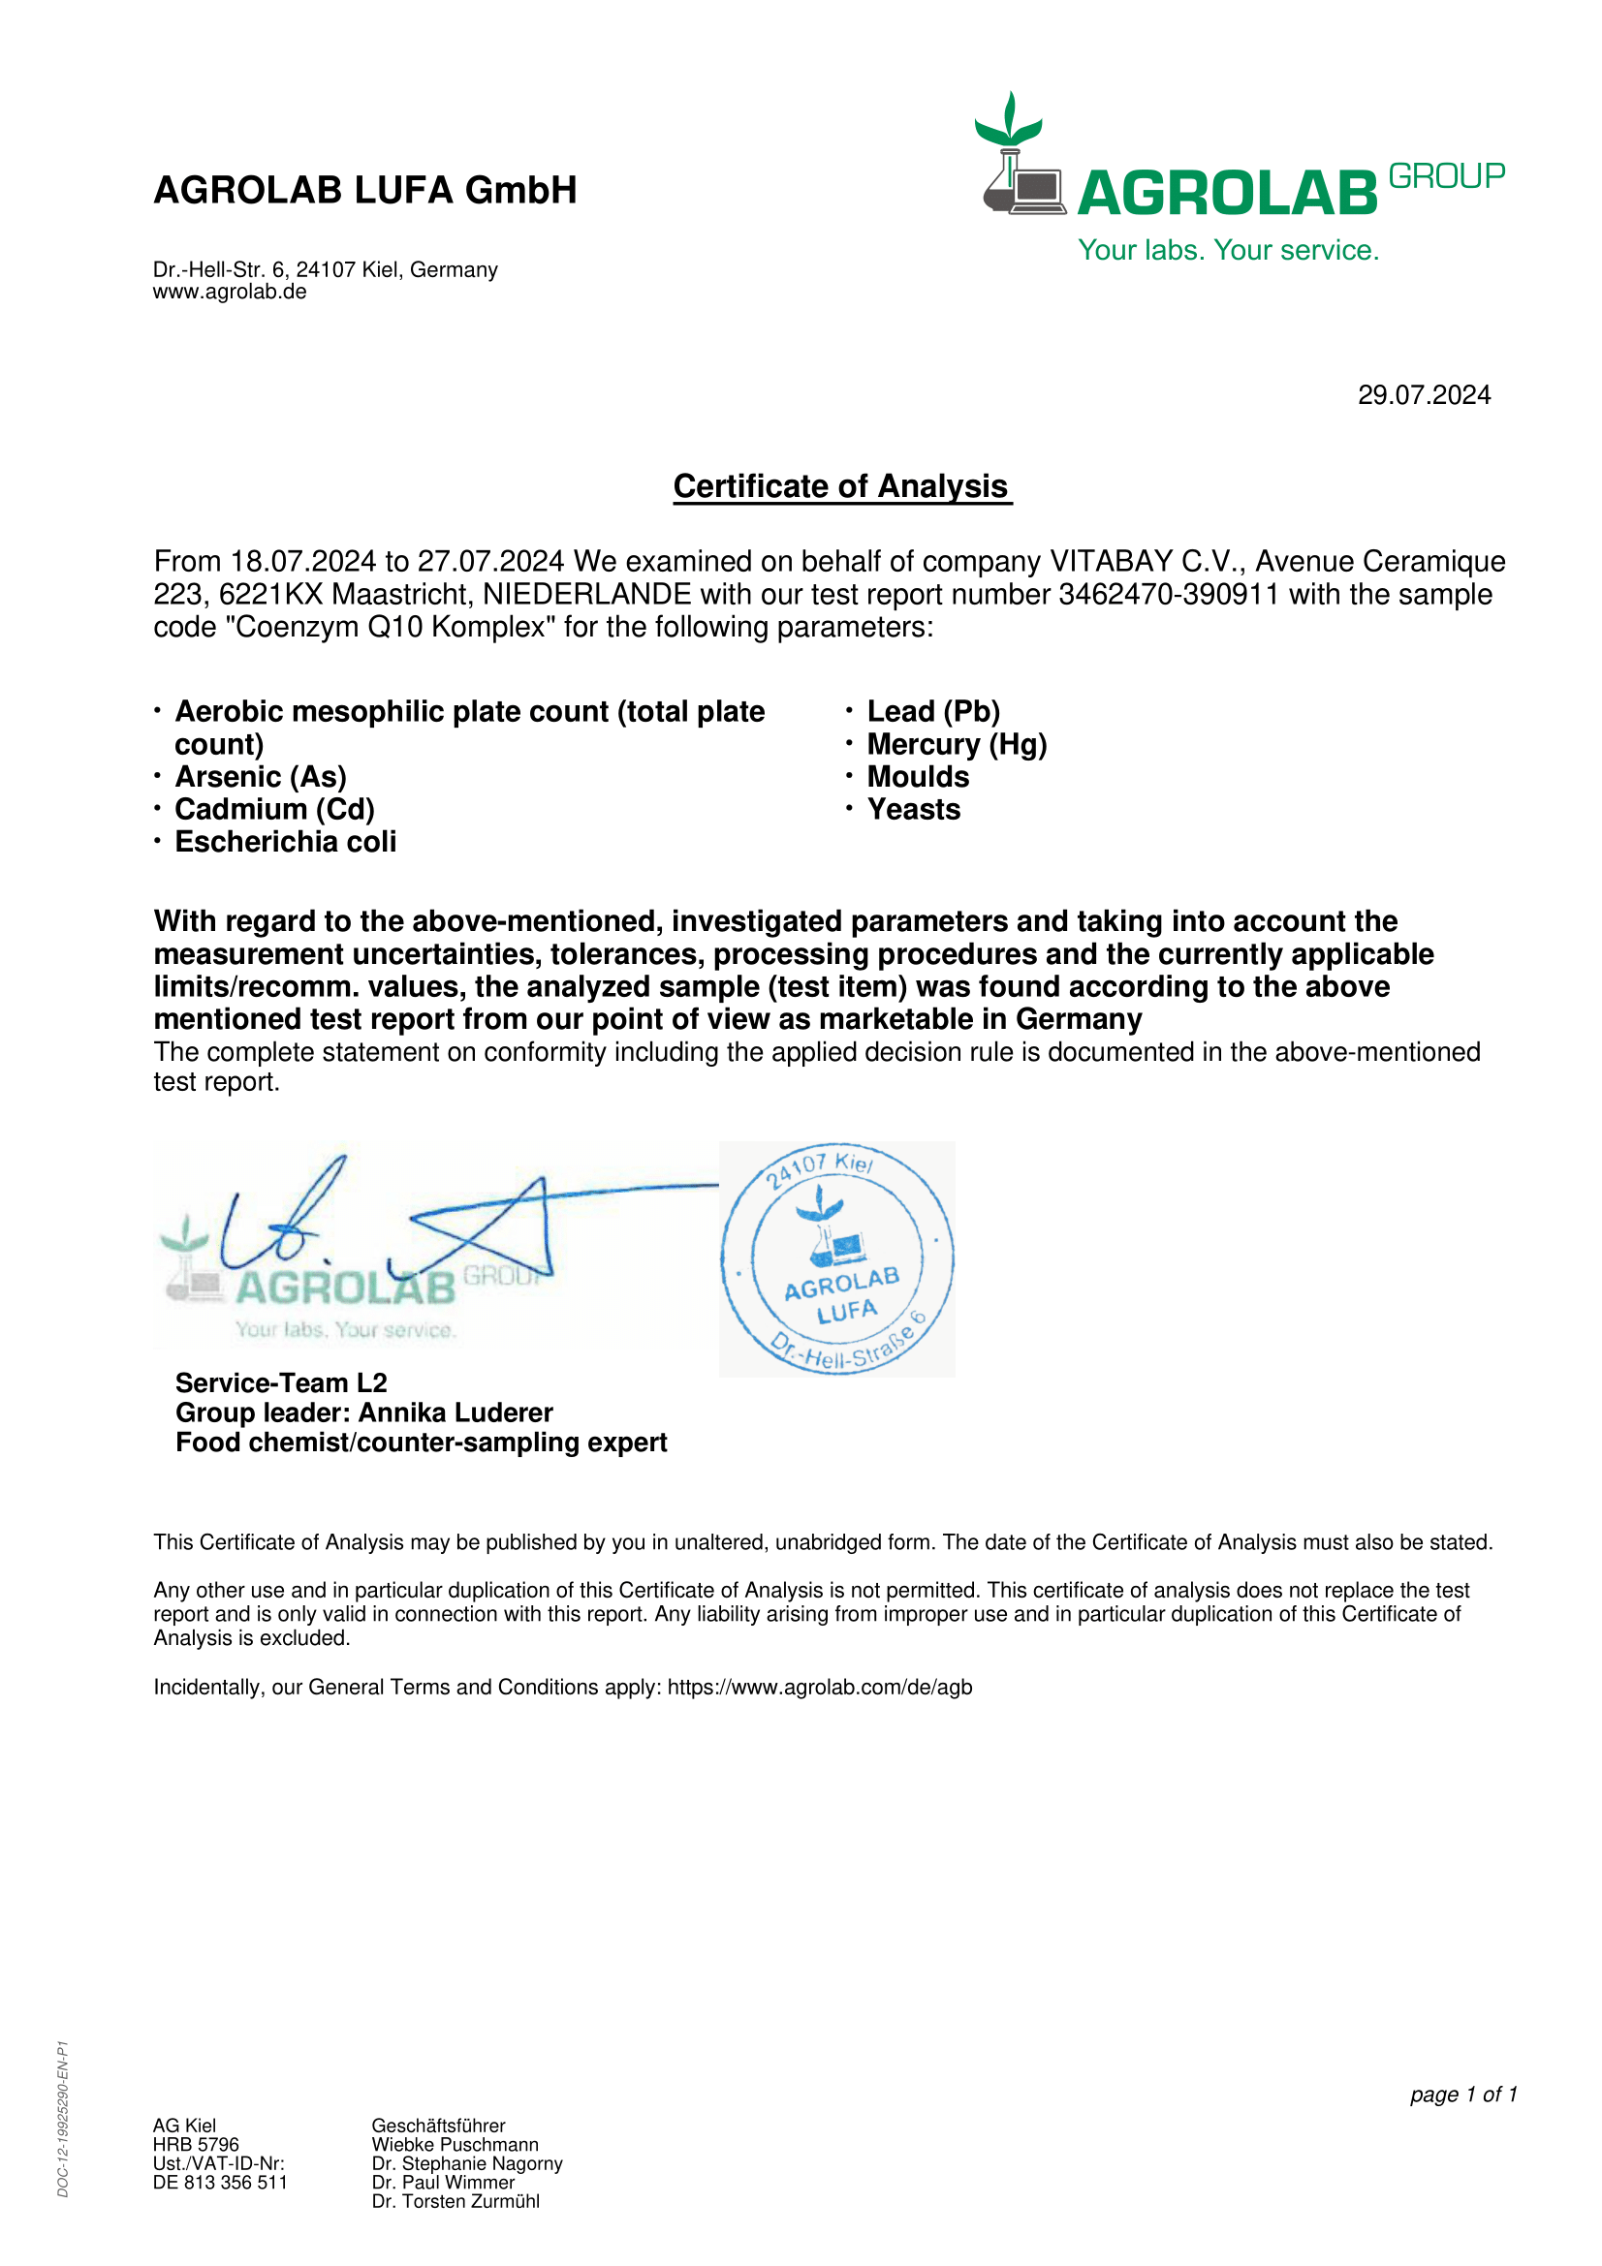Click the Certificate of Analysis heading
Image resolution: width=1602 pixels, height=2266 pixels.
coord(841,486)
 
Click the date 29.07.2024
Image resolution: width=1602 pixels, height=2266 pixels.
coord(1424,396)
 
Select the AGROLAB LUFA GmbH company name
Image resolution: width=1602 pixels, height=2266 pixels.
coord(365,191)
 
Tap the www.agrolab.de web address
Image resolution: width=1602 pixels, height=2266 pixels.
coord(229,293)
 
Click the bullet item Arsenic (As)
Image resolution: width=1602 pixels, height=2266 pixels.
coord(261,778)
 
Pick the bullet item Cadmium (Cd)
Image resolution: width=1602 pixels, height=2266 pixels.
coord(274,810)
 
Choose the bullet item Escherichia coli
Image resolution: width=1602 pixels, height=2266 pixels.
coord(285,843)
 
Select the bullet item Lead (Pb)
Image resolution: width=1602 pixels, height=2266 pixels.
coord(932,712)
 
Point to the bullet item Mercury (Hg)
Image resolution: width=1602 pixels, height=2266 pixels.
coord(957,745)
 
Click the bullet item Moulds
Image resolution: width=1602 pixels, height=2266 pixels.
coord(918,778)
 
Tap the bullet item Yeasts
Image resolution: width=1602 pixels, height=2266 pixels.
coord(913,810)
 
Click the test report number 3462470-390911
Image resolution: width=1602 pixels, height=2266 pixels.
coord(1169,595)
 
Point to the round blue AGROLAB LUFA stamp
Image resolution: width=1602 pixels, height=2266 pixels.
coord(837,1259)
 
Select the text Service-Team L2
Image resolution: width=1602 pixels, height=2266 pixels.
coord(281,1383)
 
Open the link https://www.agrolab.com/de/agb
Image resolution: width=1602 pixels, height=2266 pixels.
coord(819,1688)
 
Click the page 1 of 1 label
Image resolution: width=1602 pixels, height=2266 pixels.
coord(1462,2095)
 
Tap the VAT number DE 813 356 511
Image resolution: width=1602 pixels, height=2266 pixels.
coord(220,2183)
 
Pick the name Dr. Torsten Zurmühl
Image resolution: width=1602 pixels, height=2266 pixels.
coord(455,2202)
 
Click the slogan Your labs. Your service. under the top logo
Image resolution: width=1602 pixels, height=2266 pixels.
coord(1228,251)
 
